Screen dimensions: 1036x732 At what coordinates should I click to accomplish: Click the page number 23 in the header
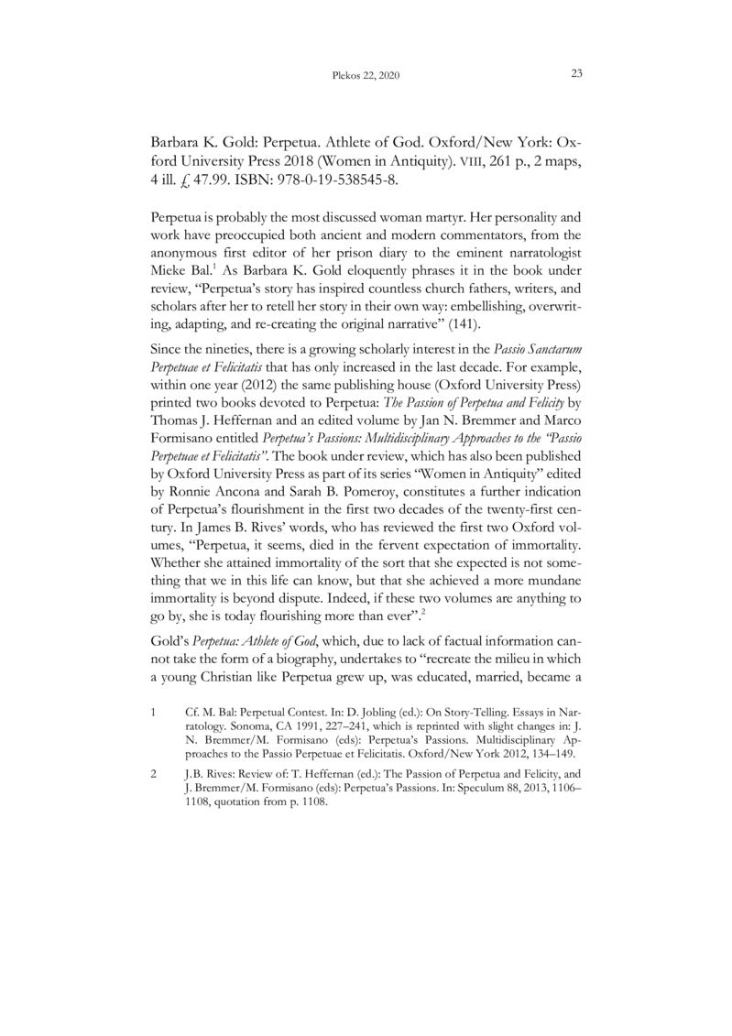tap(577, 73)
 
